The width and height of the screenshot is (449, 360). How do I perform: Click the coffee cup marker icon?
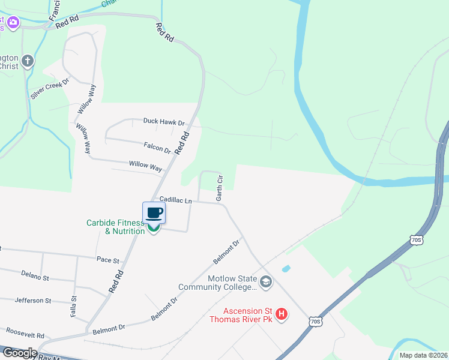[x=154, y=213]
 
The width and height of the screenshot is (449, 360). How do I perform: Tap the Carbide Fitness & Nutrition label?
[x=116, y=227]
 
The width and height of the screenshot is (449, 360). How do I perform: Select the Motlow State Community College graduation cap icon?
[x=266, y=280]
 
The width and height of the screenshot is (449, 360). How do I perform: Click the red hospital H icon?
[x=281, y=313]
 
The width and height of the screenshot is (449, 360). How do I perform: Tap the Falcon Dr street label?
[x=157, y=147]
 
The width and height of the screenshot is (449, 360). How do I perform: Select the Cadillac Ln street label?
[x=175, y=199]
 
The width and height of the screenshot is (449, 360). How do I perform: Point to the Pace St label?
[x=108, y=260]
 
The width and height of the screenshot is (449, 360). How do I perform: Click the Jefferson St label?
[x=33, y=300]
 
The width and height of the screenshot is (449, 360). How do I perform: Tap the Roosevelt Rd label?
[x=25, y=332]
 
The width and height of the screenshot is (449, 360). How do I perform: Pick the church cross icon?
[x=27, y=61]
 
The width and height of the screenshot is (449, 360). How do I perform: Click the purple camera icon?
[x=13, y=23]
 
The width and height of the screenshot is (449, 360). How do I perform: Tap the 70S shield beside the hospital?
[x=316, y=322]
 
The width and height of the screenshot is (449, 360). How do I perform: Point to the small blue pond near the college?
[x=286, y=268]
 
